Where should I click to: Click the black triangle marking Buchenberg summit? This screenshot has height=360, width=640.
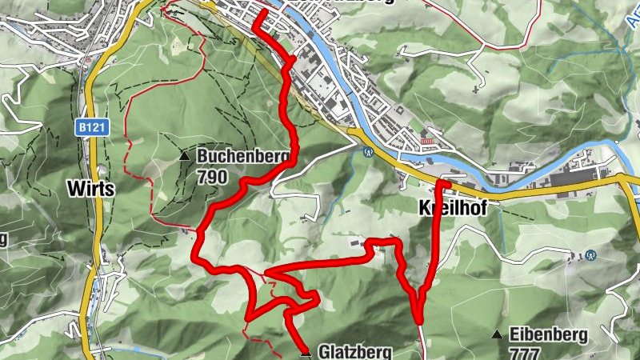click(x=185, y=156)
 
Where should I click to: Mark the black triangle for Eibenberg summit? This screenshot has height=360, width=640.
click(x=497, y=334)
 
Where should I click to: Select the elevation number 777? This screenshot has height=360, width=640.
click(x=524, y=352)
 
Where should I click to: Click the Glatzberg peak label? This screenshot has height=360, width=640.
click(x=354, y=351)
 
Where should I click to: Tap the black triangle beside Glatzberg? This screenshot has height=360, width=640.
click(x=305, y=351)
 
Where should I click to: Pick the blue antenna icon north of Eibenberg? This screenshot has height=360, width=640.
click(x=590, y=256)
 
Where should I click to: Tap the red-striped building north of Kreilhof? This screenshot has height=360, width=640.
click(x=426, y=141)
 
